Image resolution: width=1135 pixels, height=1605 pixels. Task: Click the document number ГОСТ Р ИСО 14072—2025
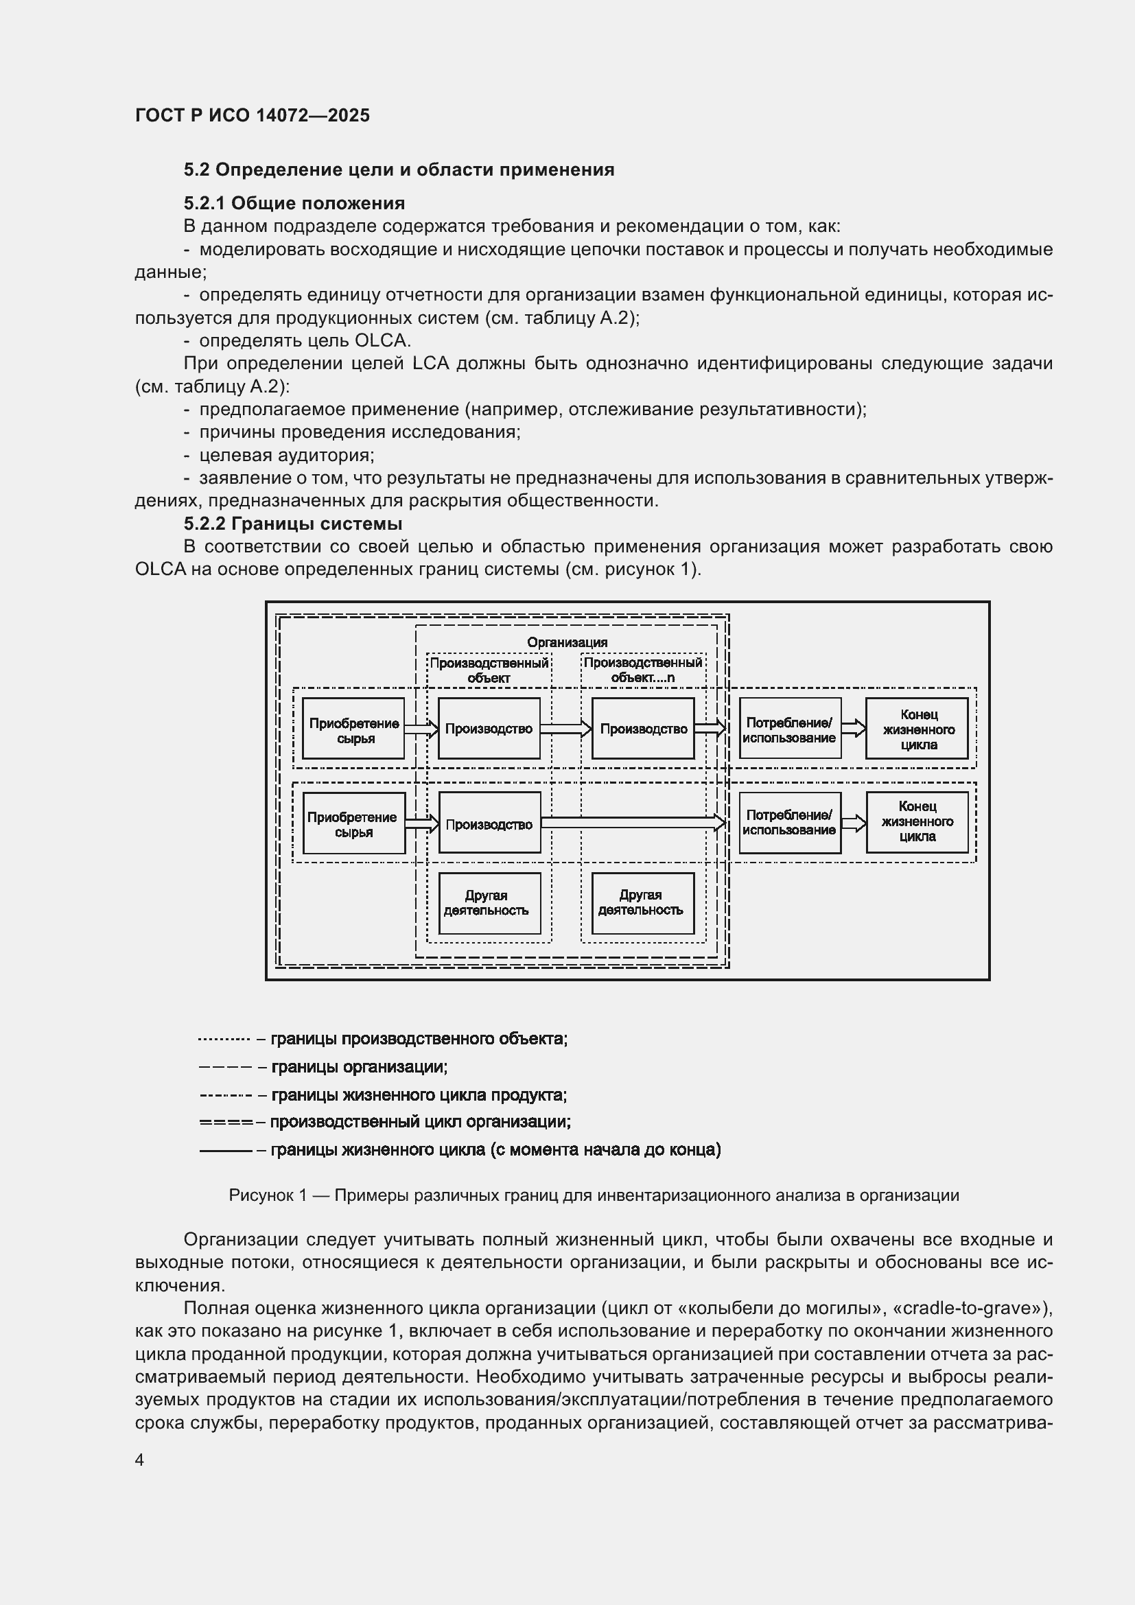pos(253,115)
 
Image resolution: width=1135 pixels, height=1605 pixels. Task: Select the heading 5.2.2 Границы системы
pos(293,524)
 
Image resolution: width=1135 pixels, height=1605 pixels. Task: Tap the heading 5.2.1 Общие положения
pos(294,203)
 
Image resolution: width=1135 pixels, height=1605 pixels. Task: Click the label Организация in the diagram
pos(567,642)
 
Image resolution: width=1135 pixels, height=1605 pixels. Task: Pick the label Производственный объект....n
pos(643,670)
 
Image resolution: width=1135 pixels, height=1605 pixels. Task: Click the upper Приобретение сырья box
pos(353,729)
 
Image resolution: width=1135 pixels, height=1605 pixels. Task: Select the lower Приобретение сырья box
pos(353,823)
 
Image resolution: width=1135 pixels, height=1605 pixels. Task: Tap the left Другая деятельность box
pos(489,902)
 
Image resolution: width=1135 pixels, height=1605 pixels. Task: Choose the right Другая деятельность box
pos(642,902)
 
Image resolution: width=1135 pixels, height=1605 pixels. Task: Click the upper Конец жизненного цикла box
pos(917,729)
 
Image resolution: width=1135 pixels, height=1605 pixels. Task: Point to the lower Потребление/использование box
pos(790,822)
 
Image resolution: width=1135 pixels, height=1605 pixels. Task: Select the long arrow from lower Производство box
pos(633,823)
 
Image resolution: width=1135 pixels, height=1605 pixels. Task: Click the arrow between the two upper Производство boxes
pos(565,729)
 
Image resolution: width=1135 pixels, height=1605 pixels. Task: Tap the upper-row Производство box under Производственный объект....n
pos(642,729)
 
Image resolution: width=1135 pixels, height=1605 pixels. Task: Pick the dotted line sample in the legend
pos(224,1040)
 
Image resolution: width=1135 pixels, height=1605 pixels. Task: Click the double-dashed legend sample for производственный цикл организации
pos(225,1123)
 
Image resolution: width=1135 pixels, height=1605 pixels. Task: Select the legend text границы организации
pos(359,1067)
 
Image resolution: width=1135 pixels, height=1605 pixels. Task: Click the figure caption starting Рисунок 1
pos(594,1195)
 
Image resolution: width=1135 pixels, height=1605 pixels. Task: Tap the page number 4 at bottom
pos(140,1460)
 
